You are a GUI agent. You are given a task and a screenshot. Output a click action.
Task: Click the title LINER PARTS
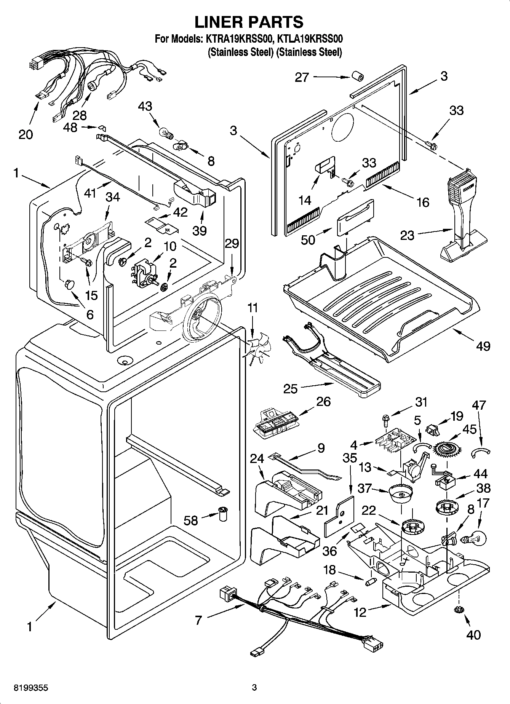249,22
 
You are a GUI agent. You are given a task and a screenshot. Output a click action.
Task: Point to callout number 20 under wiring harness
26,134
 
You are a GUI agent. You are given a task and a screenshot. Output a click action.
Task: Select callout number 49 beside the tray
483,346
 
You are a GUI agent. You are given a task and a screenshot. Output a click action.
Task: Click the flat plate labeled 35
339,516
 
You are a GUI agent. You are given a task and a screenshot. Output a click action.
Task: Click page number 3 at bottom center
254,688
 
